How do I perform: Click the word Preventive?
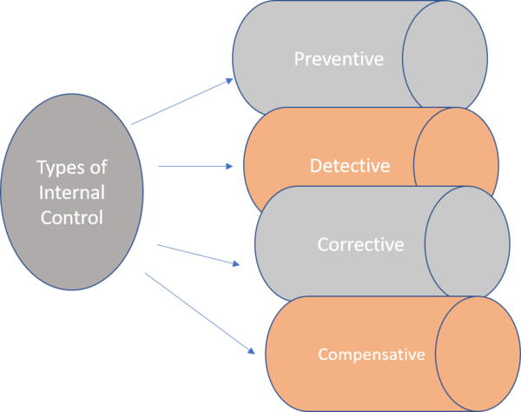[338, 60]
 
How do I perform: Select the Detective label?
[349, 164]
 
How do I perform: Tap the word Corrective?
[360, 244]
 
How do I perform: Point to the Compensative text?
[371, 355]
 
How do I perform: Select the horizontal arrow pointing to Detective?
[193, 165]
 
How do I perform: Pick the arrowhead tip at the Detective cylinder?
[235, 165]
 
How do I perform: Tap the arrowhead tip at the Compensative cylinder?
[256, 355]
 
